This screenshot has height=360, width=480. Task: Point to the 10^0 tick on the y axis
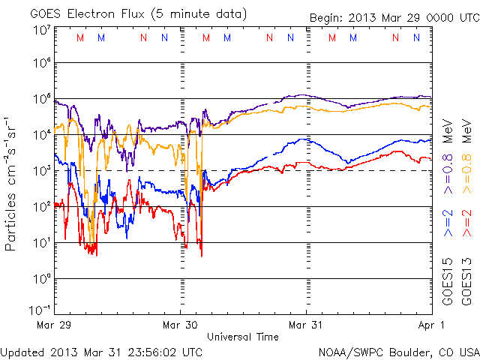click(x=41, y=277)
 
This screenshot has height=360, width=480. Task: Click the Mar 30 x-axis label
click(x=181, y=325)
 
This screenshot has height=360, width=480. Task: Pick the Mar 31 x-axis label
click(x=306, y=325)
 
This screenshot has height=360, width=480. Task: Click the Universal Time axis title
click(x=243, y=337)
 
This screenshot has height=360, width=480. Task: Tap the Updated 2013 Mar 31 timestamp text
click(x=101, y=351)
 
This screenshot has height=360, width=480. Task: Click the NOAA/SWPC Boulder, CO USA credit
click(x=398, y=351)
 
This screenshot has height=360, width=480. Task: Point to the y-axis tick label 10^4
click(x=41, y=134)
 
